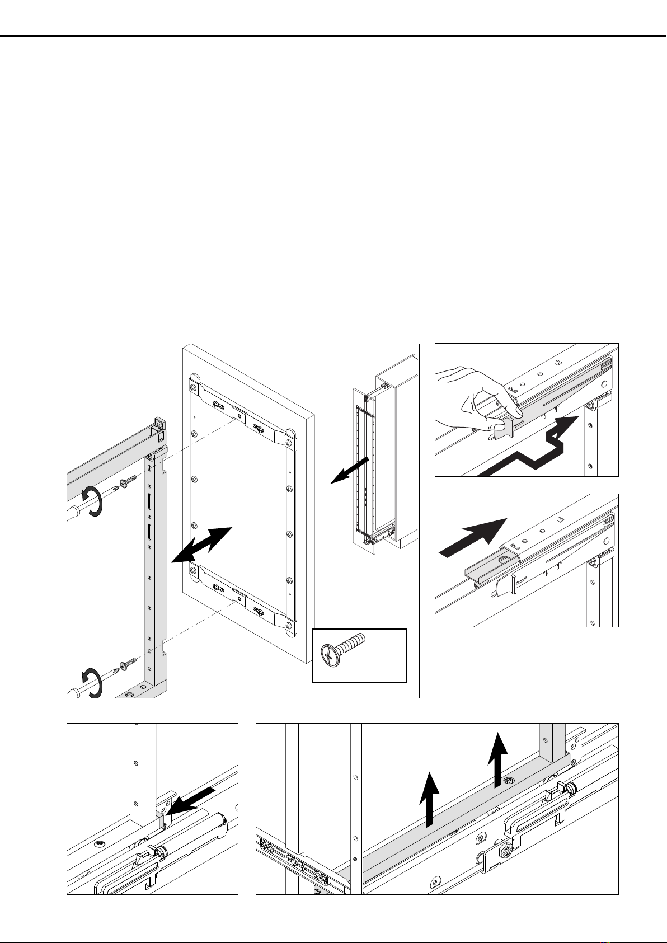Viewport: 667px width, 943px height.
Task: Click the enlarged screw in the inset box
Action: (x=342, y=648)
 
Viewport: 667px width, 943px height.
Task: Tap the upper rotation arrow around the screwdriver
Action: (x=92, y=500)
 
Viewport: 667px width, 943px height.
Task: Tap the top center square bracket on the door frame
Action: (x=239, y=415)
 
